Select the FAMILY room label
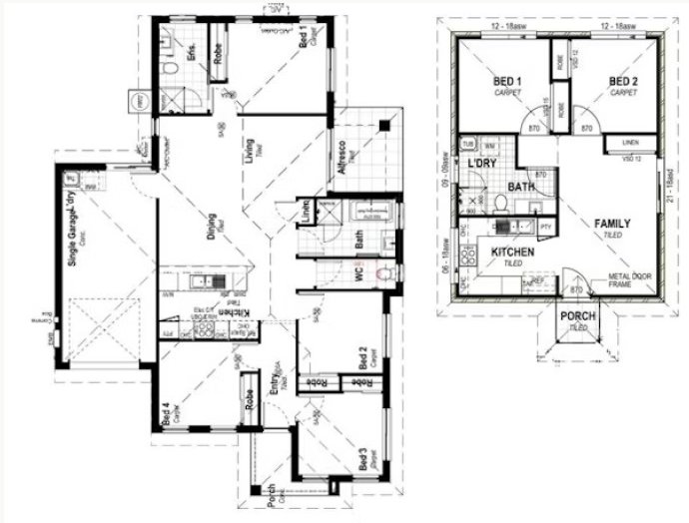(x=612, y=224)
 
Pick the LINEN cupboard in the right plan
(x=629, y=143)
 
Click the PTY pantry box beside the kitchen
(x=546, y=227)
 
